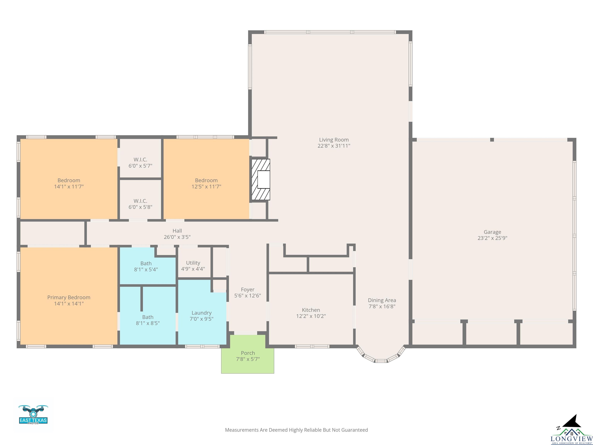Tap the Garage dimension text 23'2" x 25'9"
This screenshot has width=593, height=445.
coord(492,238)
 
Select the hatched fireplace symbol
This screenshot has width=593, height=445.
coord(261,179)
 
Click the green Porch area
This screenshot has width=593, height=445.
coord(247,354)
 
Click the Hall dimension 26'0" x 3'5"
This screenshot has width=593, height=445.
coord(177,237)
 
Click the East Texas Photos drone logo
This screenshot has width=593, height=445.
coord(33,415)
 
